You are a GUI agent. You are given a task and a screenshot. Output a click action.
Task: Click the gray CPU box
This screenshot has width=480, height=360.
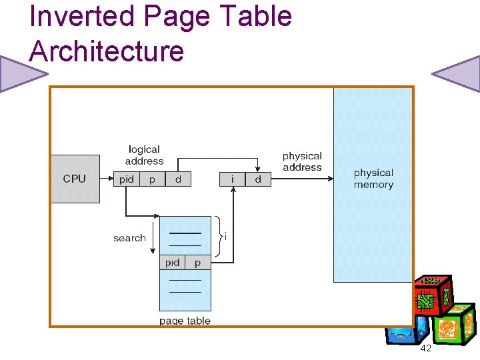pos(75,179)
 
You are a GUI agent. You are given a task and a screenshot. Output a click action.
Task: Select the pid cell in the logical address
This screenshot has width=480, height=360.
pos(126,179)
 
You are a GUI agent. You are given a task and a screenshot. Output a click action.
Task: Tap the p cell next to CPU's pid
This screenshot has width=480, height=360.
pos(152,179)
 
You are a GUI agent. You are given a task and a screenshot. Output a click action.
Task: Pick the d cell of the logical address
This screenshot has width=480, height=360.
pos(178,179)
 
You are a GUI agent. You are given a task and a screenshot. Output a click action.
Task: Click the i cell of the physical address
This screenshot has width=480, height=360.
pos(233,179)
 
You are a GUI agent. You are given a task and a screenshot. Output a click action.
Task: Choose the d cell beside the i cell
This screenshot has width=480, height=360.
pos(258,179)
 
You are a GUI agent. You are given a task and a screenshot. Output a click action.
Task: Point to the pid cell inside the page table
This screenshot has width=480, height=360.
pos(172,263)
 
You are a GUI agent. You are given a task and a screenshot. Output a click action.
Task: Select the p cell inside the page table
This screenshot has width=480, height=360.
pos(197,263)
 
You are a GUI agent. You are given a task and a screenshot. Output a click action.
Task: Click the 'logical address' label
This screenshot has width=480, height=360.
pos(144,155)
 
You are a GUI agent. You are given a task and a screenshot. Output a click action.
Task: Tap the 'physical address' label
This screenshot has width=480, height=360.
pos(302,161)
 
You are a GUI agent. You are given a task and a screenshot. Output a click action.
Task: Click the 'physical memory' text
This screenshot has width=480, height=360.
pos(373,179)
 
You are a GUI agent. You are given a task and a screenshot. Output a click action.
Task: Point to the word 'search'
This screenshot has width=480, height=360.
pos(129,238)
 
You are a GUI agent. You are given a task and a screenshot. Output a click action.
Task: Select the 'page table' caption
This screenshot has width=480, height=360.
pos(185,321)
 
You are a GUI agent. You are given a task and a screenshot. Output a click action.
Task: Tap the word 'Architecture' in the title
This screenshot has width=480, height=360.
pos(107,51)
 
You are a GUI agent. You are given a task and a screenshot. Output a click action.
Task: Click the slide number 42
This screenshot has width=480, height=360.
pos(425,349)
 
